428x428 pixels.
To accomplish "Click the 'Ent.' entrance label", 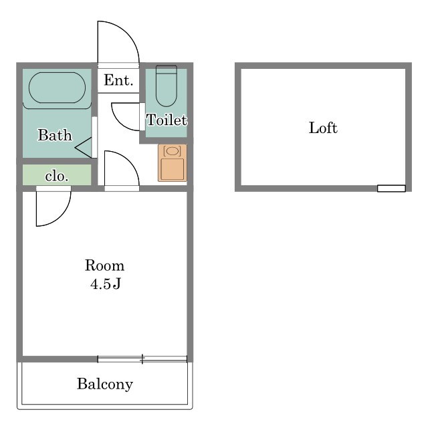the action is [x=118, y=80].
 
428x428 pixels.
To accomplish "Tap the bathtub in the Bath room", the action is [x=57, y=88].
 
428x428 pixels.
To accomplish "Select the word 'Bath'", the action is [x=55, y=135].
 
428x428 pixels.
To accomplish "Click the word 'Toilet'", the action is [x=167, y=120].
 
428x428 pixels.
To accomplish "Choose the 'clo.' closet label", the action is [x=56, y=176].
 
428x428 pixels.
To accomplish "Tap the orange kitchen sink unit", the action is [x=173, y=163].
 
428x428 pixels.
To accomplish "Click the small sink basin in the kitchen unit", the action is [x=173, y=151].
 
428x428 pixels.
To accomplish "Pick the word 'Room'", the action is [x=104, y=265].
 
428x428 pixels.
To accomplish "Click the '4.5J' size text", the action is [x=106, y=284].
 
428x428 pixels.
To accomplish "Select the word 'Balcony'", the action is [x=105, y=384].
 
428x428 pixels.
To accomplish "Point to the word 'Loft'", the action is [x=323, y=128].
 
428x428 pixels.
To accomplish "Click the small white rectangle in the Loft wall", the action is [x=391, y=189].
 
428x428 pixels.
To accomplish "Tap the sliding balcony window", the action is [x=142, y=359].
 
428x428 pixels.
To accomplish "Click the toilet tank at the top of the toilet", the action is [x=167, y=70].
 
